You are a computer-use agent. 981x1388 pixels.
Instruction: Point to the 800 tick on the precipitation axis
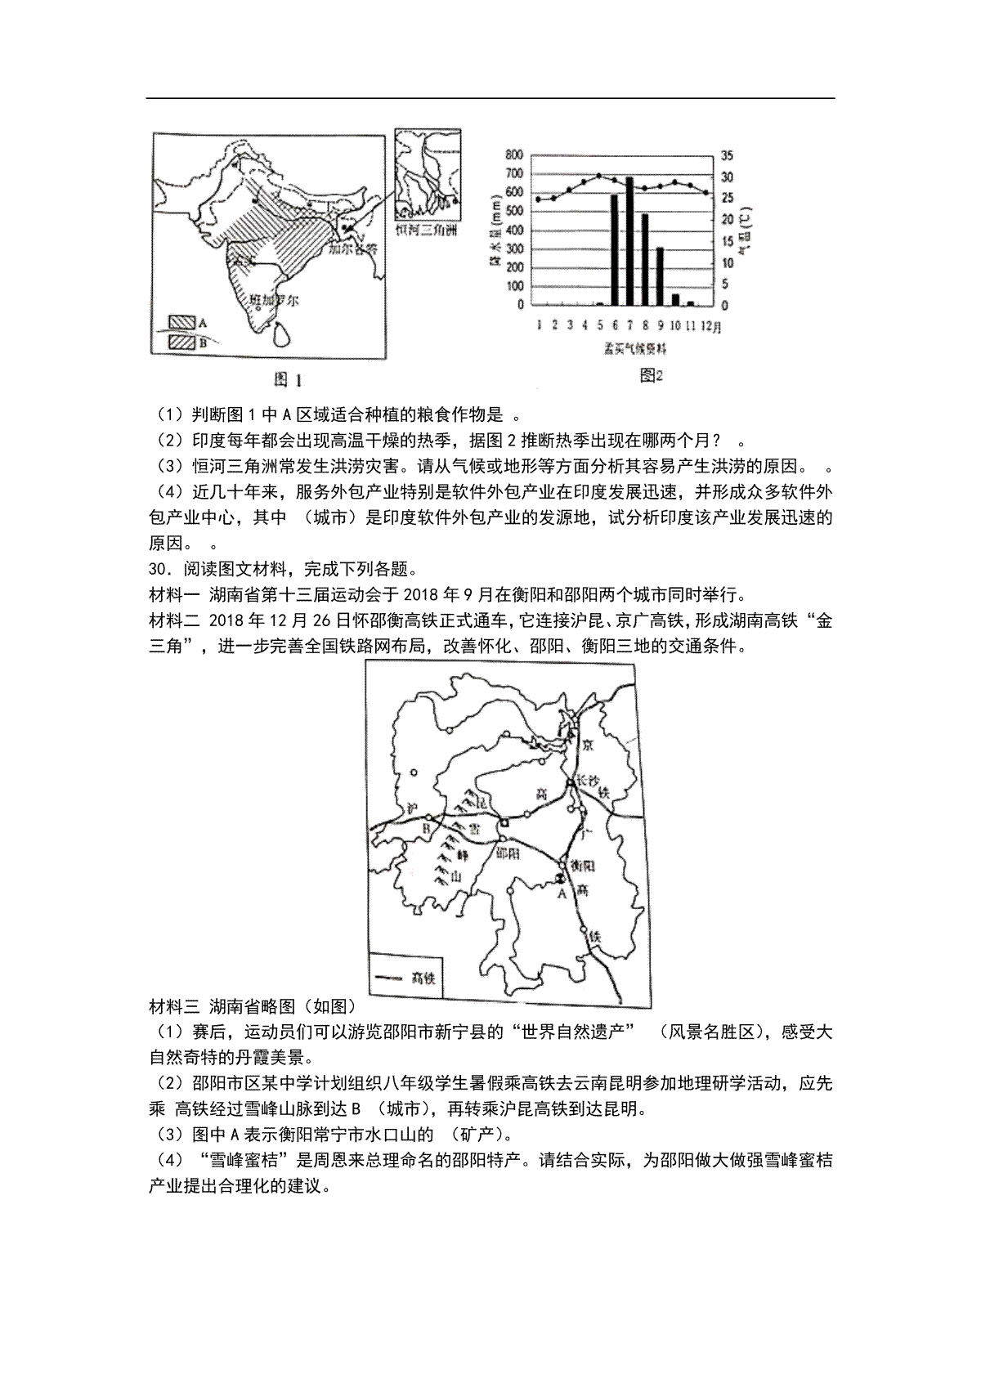[514, 154]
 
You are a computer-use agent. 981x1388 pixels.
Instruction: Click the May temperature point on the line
[599, 176]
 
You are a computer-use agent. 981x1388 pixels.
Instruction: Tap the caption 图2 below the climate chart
[650, 375]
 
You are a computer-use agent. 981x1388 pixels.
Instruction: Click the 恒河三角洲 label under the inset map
[426, 231]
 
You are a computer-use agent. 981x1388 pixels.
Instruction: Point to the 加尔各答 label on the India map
[352, 248]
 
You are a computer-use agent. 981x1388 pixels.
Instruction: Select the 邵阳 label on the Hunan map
[508, 853]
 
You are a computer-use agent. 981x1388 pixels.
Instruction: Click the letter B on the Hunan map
[425, 828]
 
